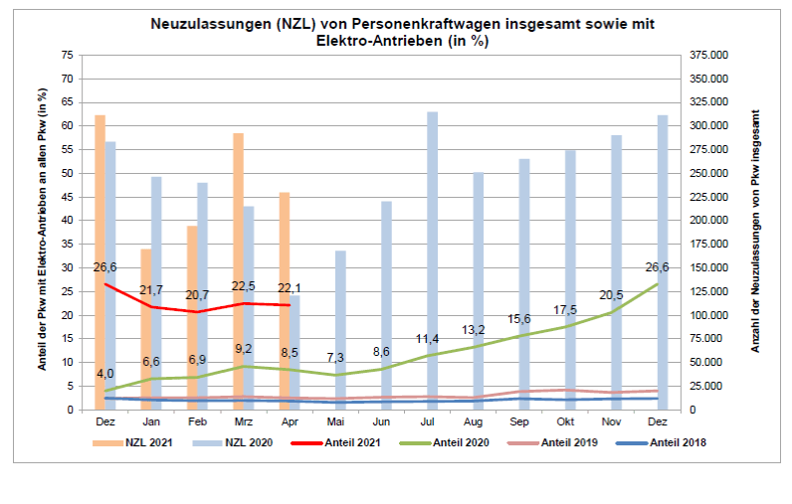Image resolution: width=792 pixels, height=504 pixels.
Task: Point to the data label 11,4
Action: (x=431, y=339)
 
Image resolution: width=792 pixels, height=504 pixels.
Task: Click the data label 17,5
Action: (x=568, y=309)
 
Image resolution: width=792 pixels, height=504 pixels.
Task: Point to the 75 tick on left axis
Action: (x=68, y=55)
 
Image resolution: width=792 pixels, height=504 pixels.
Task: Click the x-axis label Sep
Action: (x=524, y=421)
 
